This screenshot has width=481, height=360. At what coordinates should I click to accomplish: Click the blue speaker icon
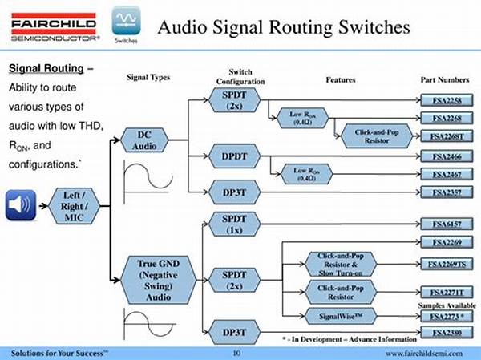click(x=21, y=205)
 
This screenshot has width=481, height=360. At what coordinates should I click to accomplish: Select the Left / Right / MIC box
click(x=74, y=205)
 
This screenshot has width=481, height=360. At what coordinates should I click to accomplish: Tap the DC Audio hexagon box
click(x=146, y=140)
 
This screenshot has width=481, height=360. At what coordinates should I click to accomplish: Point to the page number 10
click(x=236, y=353)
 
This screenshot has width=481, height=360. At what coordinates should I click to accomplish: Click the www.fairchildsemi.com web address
click(x=428, y=353)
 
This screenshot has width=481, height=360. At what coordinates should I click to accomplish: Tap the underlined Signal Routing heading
click(x=45, y=67)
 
